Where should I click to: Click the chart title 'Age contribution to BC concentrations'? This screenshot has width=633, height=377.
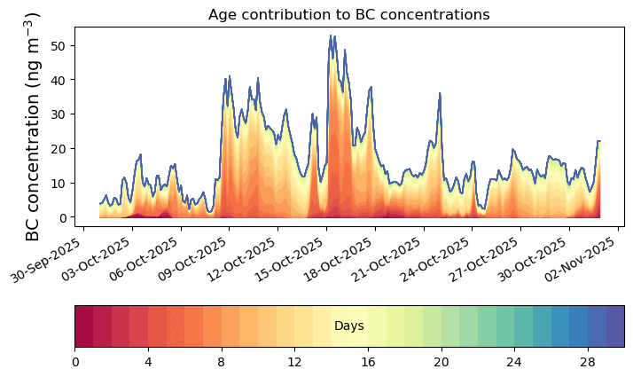(x=348, y=14)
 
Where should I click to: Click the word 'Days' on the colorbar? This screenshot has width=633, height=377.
(x=348, y=326)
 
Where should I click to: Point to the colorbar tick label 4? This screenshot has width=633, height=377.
(x=148, y=362)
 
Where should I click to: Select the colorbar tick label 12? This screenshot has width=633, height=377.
(x=294, y=362)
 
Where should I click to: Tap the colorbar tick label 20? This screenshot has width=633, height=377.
(x=441, y=362)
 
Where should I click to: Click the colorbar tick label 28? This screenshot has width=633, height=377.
(x=587, y=362)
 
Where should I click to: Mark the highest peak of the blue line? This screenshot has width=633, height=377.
(x=331, y=35)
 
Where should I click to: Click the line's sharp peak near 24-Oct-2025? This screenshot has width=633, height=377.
(x=439, y=93)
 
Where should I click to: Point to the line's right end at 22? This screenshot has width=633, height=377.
(x=599, y=141)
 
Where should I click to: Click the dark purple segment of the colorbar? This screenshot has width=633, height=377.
(x=614, y=326)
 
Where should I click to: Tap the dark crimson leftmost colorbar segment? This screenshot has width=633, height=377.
(x=83, y=326)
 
